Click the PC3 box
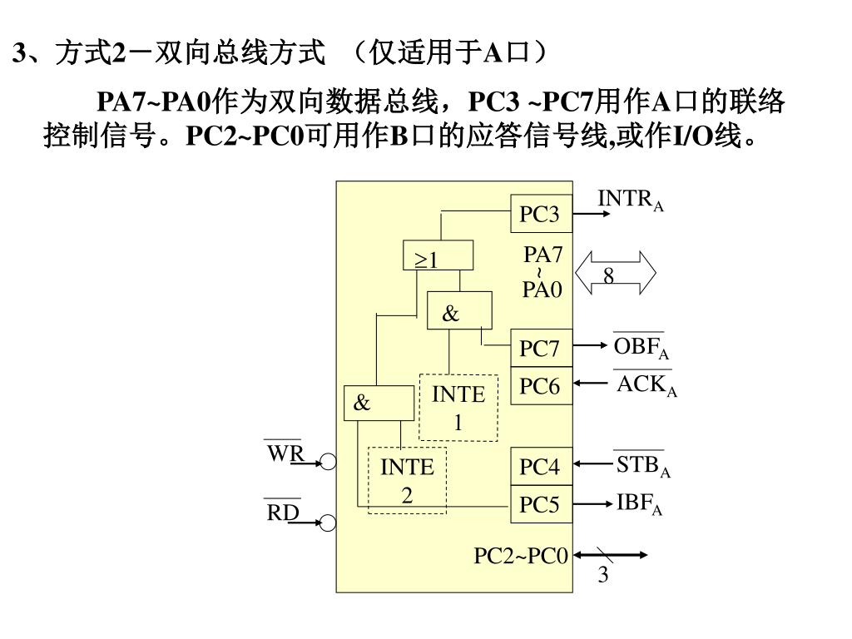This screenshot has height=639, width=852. [541, 215]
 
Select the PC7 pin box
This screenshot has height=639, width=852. [541, 348]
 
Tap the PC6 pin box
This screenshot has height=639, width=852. [541, 386]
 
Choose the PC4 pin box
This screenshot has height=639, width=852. [541, 467]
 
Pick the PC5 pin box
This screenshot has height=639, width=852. [541, 504]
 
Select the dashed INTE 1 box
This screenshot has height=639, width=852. [458, 407]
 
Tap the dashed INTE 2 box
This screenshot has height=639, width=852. [407, 480]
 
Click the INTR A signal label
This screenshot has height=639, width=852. [631, 201]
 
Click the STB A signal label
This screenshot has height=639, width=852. [642, 465]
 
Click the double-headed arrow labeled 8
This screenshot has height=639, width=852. [616, 274]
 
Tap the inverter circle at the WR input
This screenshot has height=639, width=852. [329, 462]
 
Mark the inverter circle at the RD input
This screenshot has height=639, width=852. [329, 523]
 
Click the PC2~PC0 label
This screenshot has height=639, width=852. [521, 555]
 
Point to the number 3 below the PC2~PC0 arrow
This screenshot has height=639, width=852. [603, 576]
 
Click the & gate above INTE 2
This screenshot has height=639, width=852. [379, 404]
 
